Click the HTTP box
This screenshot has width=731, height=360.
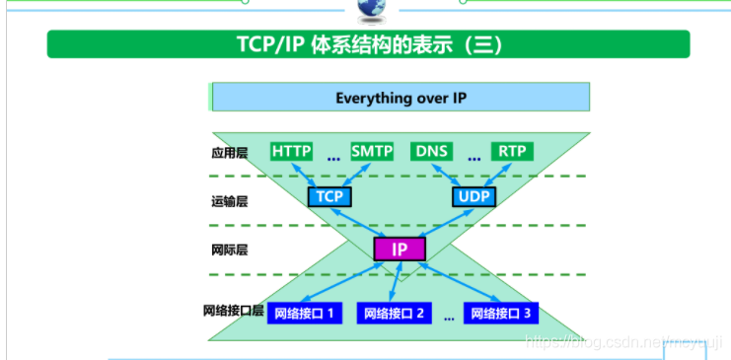[292, 151]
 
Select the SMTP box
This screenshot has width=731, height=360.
[372, 151]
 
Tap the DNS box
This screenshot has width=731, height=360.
[432, 151]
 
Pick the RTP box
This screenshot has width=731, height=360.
[511, 151]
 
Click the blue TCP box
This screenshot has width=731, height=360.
[329, 196]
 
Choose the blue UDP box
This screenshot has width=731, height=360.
[474, 196]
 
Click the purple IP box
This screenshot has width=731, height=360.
[400, 249]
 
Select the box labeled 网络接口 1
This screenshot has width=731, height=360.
[305, 314]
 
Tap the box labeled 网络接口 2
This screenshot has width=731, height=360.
[394, 314]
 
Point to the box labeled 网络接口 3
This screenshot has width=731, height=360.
[501, 314]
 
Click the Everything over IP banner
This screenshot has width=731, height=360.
[400, 98]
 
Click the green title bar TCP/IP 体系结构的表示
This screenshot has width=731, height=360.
[368, 45]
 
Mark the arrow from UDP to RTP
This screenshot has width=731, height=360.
[493, 174]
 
